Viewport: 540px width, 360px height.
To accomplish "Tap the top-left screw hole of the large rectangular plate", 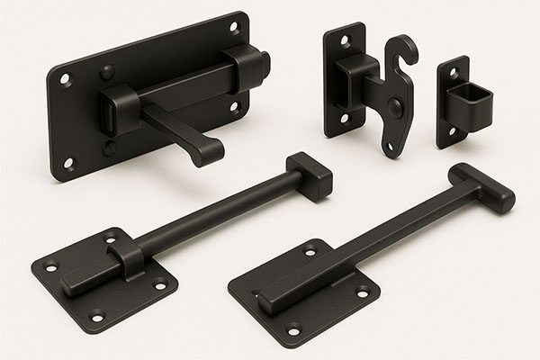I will coord(66,79).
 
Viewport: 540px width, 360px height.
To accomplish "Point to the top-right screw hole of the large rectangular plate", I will coord(234,28).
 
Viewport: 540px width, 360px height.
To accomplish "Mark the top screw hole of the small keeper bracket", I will coord(453,72).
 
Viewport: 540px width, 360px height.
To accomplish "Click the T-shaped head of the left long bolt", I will coord(310,175).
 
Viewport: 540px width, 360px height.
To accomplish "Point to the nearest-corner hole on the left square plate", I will coord(97,316).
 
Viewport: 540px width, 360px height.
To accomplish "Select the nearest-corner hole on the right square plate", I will coord(293,329).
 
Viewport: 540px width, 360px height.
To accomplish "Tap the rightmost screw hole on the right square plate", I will coord(363,291).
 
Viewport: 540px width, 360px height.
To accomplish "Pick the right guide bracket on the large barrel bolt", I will coord(246,71).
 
